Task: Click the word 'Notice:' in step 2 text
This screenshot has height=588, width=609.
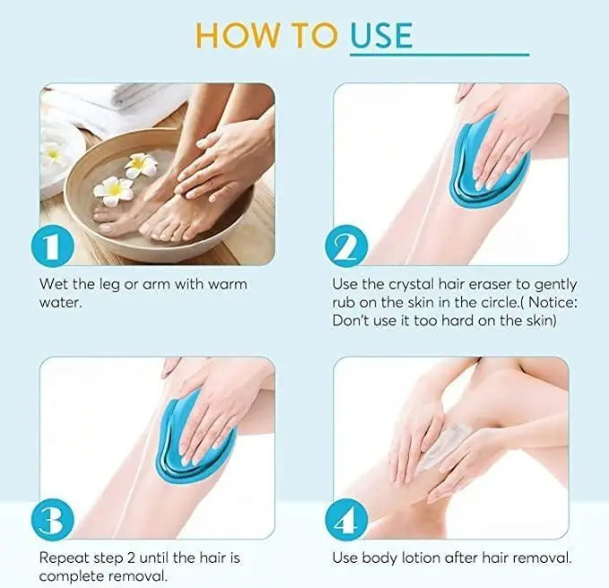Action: click(549, 302)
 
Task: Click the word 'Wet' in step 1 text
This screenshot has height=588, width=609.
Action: click(52, 284)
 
